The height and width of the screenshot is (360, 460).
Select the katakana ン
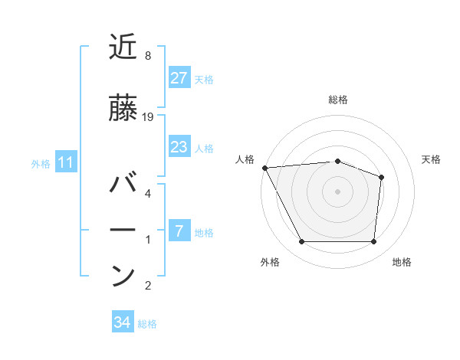tap(124, 275)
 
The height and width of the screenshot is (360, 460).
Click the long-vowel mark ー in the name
tap(124, 230)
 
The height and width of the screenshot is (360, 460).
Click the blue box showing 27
tap(179, 78)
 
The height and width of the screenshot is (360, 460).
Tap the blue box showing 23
tap(179, 147)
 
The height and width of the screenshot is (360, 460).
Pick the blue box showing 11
tap(65, 162)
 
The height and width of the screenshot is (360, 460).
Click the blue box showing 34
tap(122, 322)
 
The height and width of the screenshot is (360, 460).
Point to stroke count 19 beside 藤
tap(149, 116)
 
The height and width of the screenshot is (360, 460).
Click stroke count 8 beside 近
tap(147, 56)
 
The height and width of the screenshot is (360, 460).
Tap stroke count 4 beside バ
tap(147, 194)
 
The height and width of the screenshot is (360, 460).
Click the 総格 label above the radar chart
tap(338, 100)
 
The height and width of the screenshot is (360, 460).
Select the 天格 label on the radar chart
tap(432, 159)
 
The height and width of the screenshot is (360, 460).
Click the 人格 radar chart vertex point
tap(264, 167)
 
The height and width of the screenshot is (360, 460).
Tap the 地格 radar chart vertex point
tap(374, 242)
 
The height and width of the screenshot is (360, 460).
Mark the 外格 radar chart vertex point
tap(301, 242)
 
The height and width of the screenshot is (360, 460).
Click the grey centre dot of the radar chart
tap(338, 191)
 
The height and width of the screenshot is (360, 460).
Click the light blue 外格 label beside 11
tap(41, 163)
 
